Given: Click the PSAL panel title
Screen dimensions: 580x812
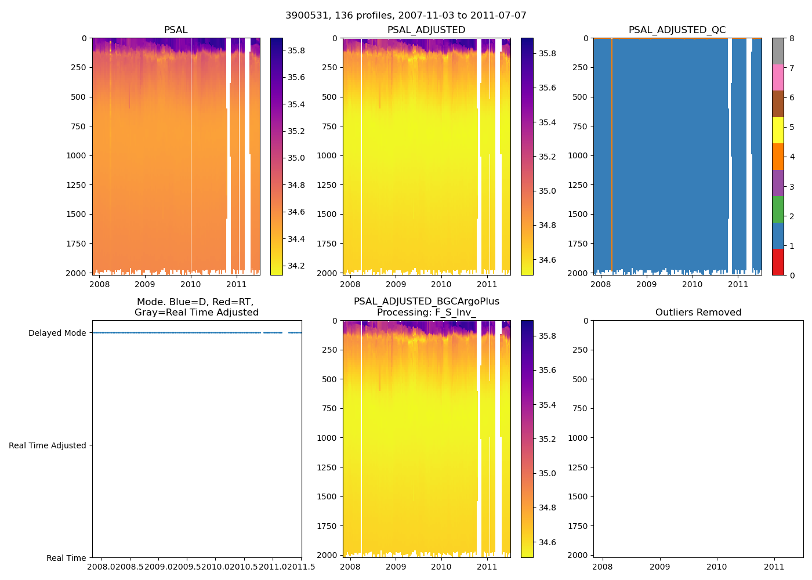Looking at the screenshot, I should pos(176,30).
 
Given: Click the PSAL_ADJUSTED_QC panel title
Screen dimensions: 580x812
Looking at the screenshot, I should pos(677,30).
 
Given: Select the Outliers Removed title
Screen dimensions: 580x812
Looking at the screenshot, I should pos(698,313).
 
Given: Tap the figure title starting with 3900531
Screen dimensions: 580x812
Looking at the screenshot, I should pos(405,16).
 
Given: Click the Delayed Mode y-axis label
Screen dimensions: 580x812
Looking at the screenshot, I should pos(57,333).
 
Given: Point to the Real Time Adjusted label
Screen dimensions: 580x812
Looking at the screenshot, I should pos(47,445).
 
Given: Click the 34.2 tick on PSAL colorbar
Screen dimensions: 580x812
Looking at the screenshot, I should pos(296,266).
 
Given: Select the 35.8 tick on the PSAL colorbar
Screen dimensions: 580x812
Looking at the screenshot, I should pos(296,50).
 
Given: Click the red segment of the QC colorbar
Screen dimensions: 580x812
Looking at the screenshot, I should pos(778,262).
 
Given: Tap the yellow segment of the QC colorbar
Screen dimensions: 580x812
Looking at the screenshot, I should pos(778,130).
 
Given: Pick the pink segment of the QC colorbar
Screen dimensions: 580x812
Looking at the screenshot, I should pos(778,77).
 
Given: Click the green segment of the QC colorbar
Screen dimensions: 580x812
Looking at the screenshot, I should pos(778,209).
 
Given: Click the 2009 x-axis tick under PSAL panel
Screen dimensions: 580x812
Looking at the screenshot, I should pos(144,284).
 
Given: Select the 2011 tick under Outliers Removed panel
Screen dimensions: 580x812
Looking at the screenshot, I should pos(774,567).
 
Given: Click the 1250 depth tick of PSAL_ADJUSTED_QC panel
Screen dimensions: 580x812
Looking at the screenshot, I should pos(578,185).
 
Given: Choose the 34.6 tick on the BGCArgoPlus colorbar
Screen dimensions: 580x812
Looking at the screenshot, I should pos(547,543).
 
